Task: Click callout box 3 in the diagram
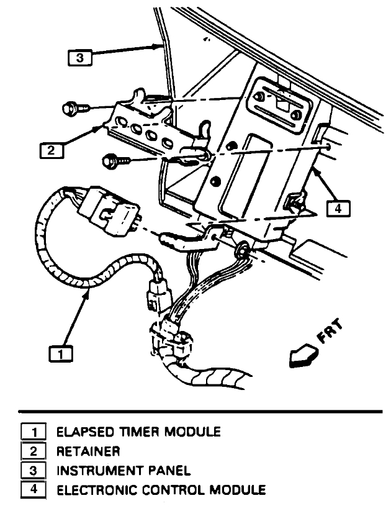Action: [x=79, y=58]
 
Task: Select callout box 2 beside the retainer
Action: [x=53, y=150]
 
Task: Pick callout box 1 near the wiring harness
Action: [x=60, y=354]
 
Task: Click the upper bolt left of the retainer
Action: [x=71, y=109]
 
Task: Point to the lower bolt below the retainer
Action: [x=112, y=161]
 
